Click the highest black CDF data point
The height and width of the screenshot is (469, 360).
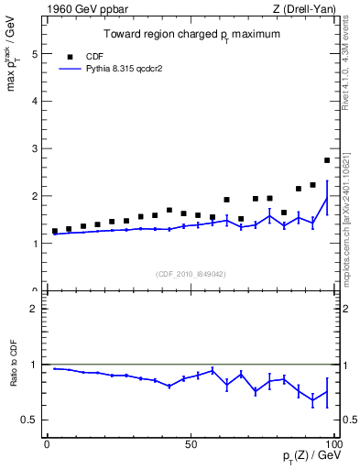click(327, 160)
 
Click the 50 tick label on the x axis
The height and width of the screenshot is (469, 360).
click(190, 444)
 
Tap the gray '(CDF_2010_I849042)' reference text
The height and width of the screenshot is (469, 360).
click(190, 273)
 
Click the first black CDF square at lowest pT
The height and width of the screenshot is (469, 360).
click(55, 232)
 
